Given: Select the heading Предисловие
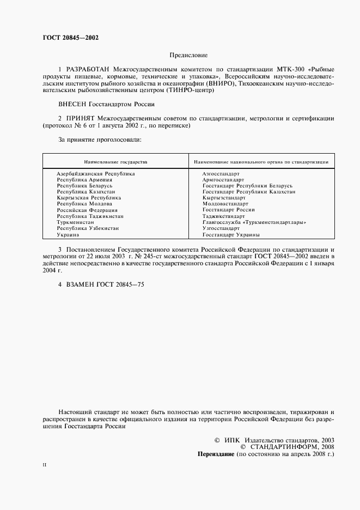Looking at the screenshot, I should (188, 55).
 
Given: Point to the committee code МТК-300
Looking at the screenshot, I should (292, 70).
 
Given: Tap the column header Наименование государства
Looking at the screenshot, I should (115, 162).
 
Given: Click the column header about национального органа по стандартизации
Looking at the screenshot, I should (260, 162).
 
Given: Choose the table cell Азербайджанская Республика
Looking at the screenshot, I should (96, 174).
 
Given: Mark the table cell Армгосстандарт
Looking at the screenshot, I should (224, 180).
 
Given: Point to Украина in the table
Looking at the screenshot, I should (68, 235).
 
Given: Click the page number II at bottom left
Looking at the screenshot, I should (45, 464).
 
